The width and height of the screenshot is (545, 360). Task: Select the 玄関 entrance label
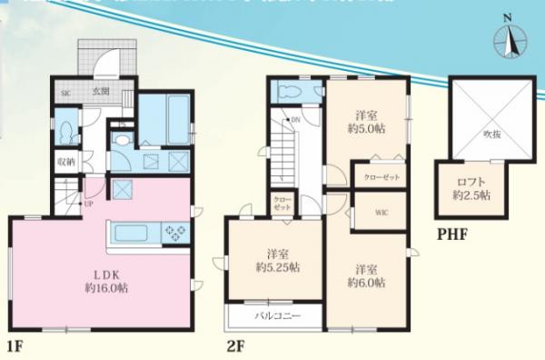tap(100, 92)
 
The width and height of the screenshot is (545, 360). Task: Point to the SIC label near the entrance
tap(65, 93)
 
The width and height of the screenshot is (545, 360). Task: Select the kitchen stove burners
tap(172, 234)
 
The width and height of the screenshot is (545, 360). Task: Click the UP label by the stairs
tap(87, 204)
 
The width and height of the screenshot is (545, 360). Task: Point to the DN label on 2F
tap(295, 120)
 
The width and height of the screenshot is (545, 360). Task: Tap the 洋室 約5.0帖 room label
tap(366, 122)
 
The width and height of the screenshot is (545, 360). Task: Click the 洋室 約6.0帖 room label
tap(366, 275)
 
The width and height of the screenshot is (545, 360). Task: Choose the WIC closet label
tap(380, 213)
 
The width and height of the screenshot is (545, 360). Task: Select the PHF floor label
tap(451, 235)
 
